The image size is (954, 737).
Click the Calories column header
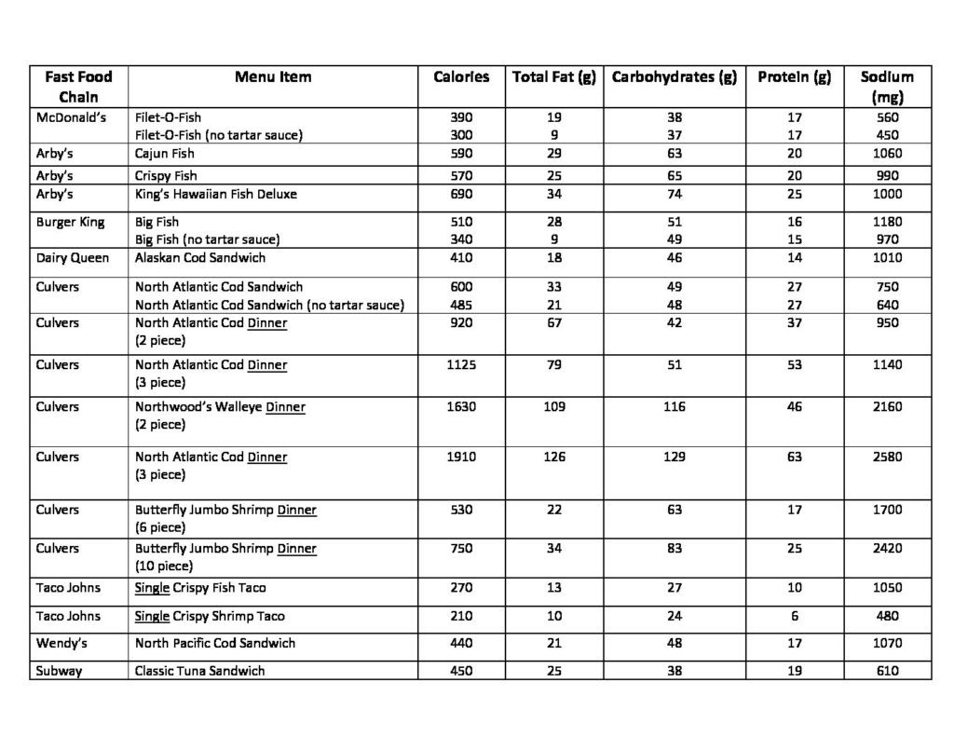[461, 77]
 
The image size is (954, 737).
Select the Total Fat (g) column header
[553, 77]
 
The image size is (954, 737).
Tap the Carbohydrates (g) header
[674, 77]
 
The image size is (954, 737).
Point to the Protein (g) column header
[794, 77]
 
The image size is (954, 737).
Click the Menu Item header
[273, 77]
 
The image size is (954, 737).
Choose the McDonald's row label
[72, 118]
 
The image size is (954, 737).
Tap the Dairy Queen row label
[73, 258]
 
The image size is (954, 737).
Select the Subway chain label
[59, 671]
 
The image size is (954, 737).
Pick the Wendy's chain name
[61, 643]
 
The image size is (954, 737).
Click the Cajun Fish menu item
[165, 154]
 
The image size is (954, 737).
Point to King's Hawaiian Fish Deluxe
[216, 195]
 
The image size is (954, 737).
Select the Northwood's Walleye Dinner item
[220, 407]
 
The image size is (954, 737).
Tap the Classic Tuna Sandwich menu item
[199, 671]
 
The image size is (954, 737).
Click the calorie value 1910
[461, 457]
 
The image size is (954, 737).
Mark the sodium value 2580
[887, 457]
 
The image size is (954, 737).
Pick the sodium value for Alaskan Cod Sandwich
[887, 258]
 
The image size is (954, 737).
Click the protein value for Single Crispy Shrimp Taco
[794, 616]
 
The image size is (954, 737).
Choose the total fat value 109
[553, 407]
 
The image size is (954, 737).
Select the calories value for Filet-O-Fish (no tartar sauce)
[461, 135]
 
